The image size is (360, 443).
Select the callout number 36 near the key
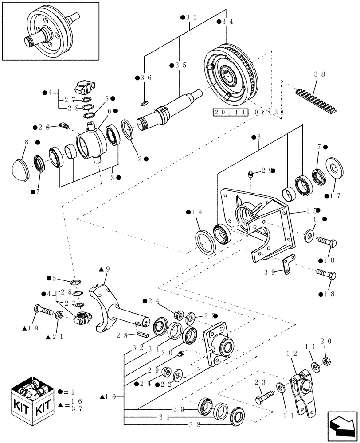pyautogui.click(x=146, y=78)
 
